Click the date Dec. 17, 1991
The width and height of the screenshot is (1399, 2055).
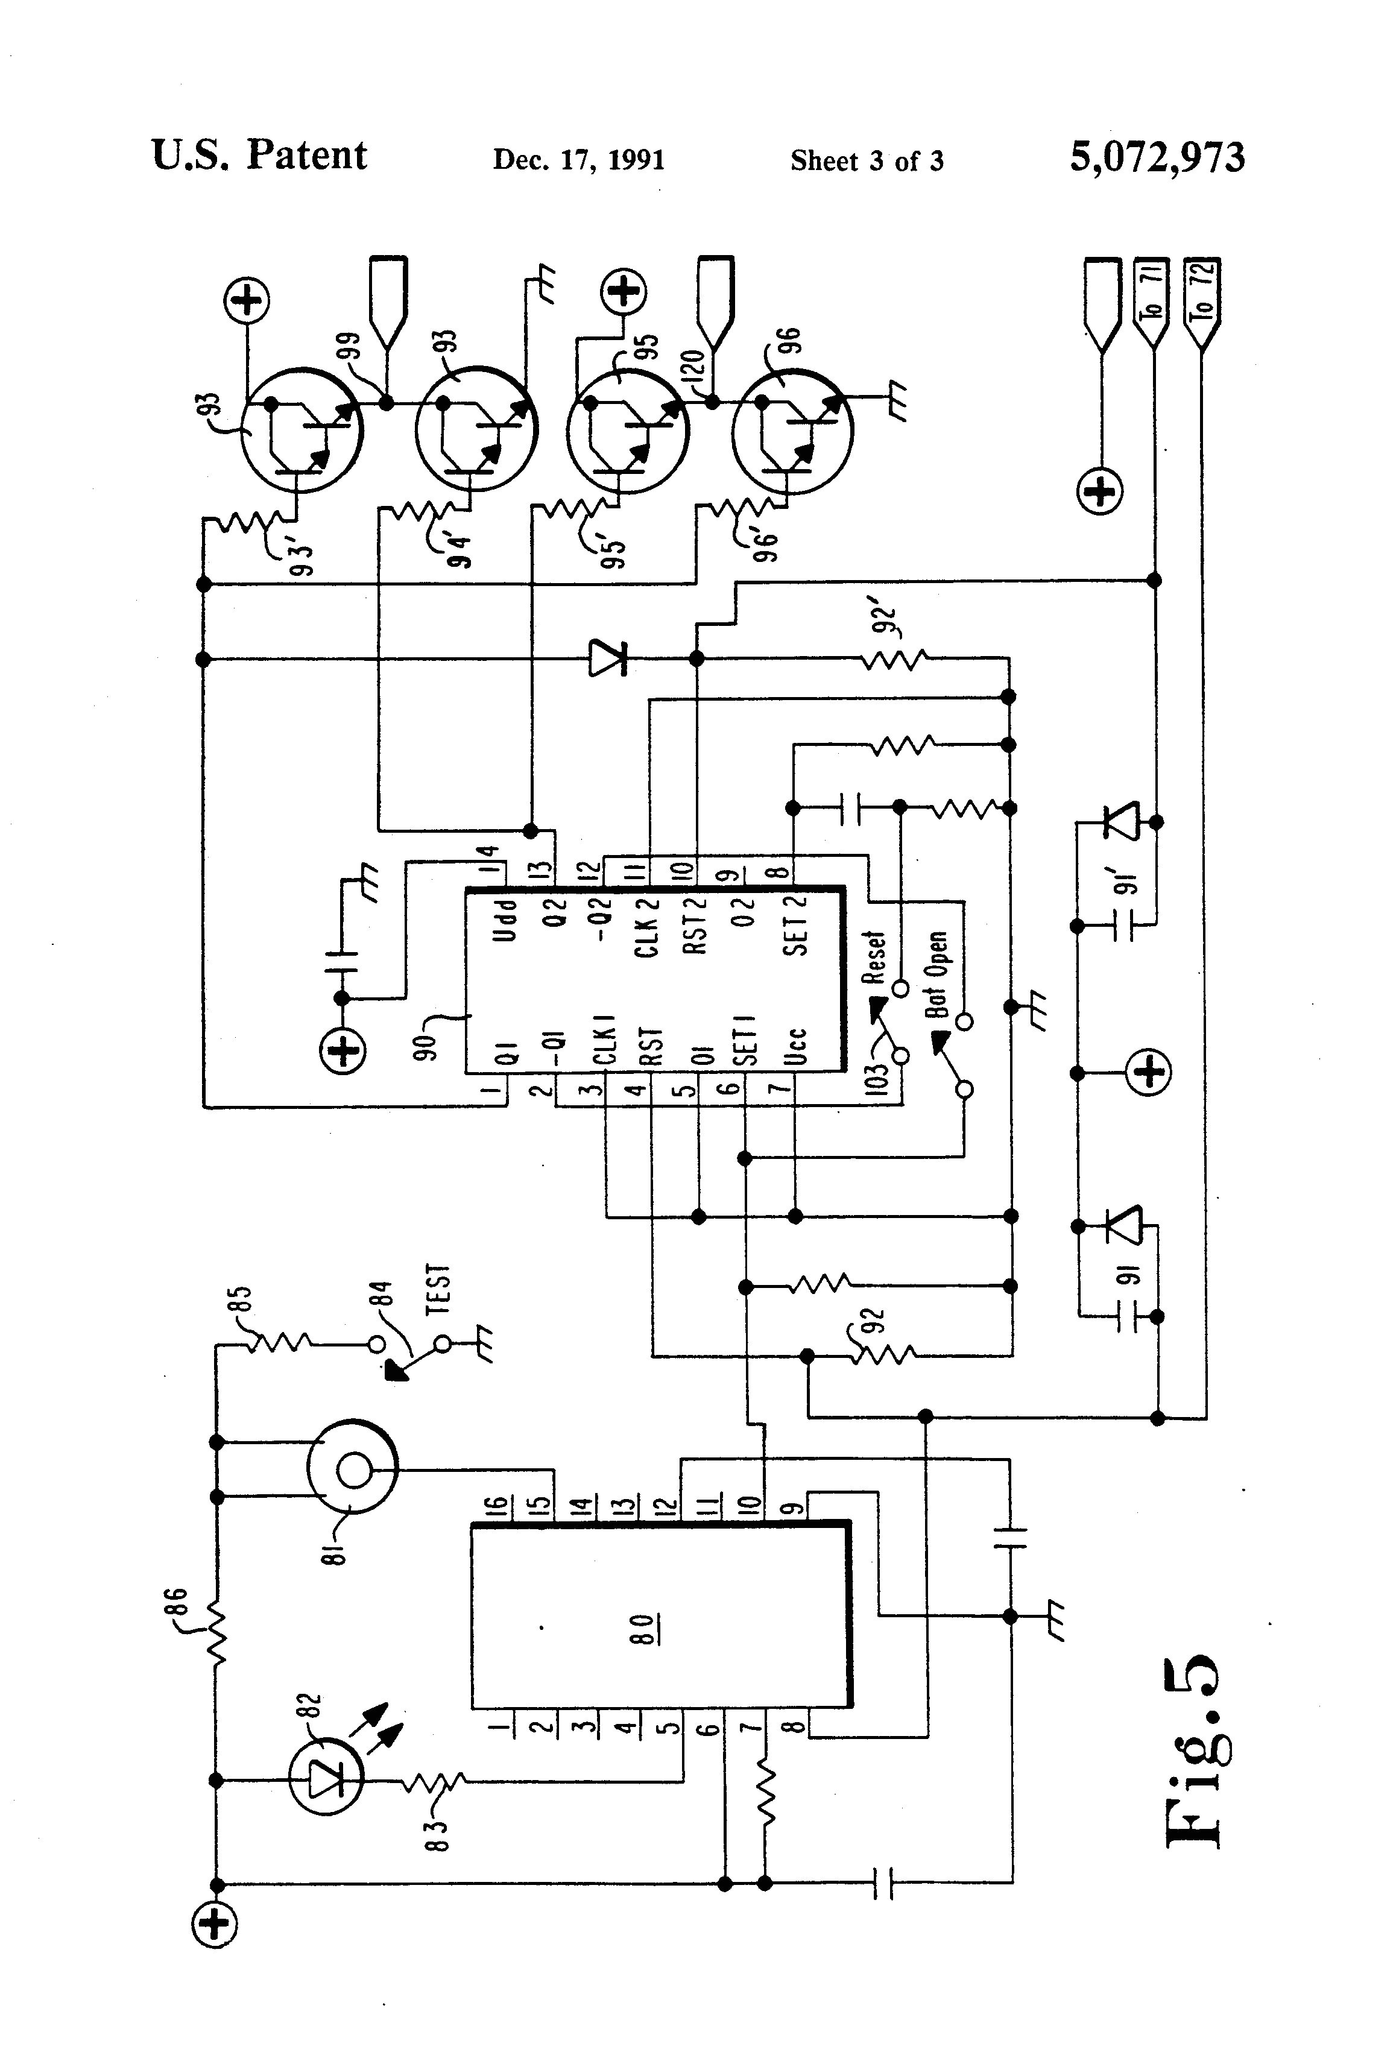click(x=578, y=160)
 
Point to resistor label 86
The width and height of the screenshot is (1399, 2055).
click(x=175, y=1604)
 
